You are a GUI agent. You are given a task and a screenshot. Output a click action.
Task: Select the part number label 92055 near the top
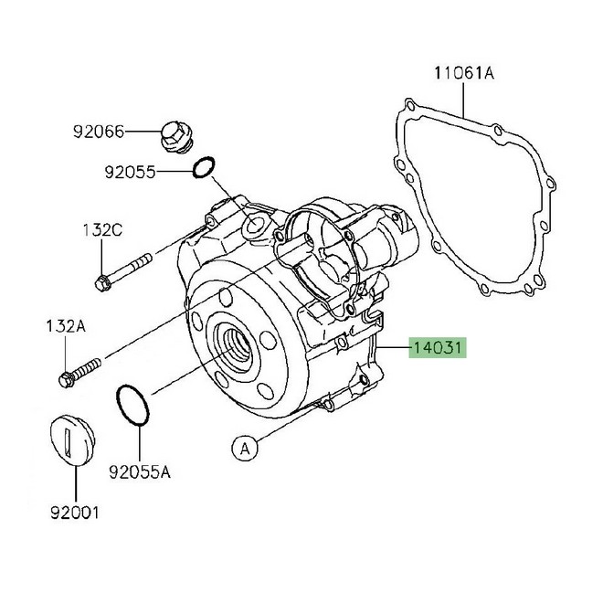129,171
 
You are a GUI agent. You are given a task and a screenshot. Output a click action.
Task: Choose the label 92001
74,513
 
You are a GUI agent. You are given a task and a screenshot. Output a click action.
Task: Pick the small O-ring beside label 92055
205,167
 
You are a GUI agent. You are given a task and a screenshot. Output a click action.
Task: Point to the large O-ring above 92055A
131,406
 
